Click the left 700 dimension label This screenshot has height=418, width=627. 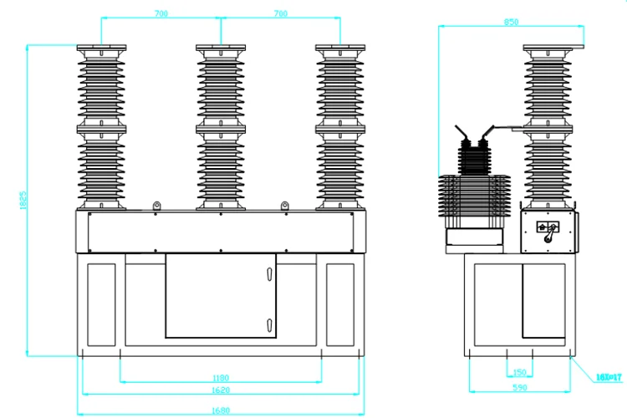(162, 13)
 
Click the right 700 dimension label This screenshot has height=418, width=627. (282, 13)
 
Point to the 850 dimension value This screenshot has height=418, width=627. (512, 23)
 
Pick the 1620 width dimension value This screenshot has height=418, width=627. (222, 390)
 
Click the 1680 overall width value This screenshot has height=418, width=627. (222, 410)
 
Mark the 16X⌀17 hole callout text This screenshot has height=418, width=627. (610, 378)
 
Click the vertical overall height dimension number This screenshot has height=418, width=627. (24, 201)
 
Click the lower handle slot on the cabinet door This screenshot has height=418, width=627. (269, 324)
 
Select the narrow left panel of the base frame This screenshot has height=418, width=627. (101, 302)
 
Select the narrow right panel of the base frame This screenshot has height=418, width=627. (340, 302)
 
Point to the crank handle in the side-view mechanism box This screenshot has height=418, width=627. (549, 233)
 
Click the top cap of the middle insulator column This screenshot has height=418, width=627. (222, 48)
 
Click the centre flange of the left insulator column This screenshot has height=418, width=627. (101, 127)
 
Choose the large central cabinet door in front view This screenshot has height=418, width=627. (221, 296)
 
